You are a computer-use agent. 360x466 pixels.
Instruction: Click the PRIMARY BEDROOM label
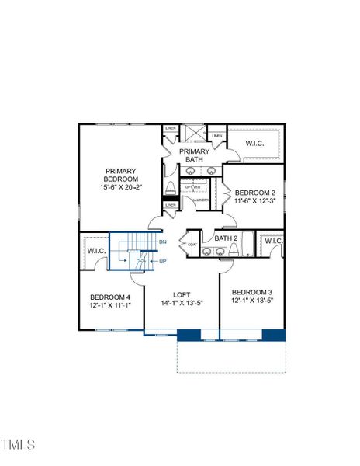click(x=121, y=176)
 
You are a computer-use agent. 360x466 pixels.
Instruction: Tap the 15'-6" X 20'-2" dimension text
click(x=121, y=186)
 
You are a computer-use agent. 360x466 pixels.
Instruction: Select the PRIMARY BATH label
click(x=194, y=155)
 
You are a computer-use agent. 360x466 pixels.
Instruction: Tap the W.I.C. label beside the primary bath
click(x=256, y=143)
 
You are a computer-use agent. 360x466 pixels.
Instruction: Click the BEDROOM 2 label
click(x=254, y=192)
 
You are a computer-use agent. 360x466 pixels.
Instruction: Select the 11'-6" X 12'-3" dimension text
click(x=254, y=202)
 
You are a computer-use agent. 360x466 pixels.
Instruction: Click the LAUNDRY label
click(x=201, y=199)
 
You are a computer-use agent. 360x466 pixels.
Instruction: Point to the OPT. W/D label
click(x=192, y=187)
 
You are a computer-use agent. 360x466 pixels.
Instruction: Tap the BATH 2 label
click(x=225, y=238)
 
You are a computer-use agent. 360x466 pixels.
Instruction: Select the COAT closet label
click(x=192, y=245)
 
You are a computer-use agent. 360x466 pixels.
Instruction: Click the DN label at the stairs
click(x=162, y=243)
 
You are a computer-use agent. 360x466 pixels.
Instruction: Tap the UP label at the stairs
click(x=162, y=261)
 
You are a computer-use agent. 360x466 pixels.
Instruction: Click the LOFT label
click(x=181, y=294)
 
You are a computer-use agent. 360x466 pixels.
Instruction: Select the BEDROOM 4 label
click(x=110, y=297)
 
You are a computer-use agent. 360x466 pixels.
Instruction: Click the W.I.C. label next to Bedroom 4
click(x=96, y=250)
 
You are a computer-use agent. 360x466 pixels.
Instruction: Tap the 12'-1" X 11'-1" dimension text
click(x=110, y=307)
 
